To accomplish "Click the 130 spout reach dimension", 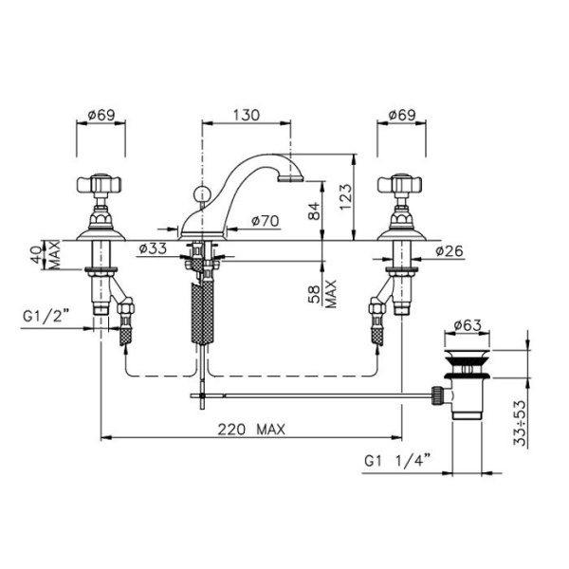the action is point(246,115).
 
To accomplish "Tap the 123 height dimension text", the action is point(346,196).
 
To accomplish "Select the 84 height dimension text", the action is point(314,211).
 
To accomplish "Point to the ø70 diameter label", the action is point(266,221).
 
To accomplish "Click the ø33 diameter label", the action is point(153,248).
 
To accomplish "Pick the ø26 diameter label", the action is point(450,250).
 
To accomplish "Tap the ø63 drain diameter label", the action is point(468,325).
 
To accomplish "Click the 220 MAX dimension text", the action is point(251,430).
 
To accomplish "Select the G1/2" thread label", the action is point(46,317).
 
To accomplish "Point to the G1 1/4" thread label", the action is point(397,461).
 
